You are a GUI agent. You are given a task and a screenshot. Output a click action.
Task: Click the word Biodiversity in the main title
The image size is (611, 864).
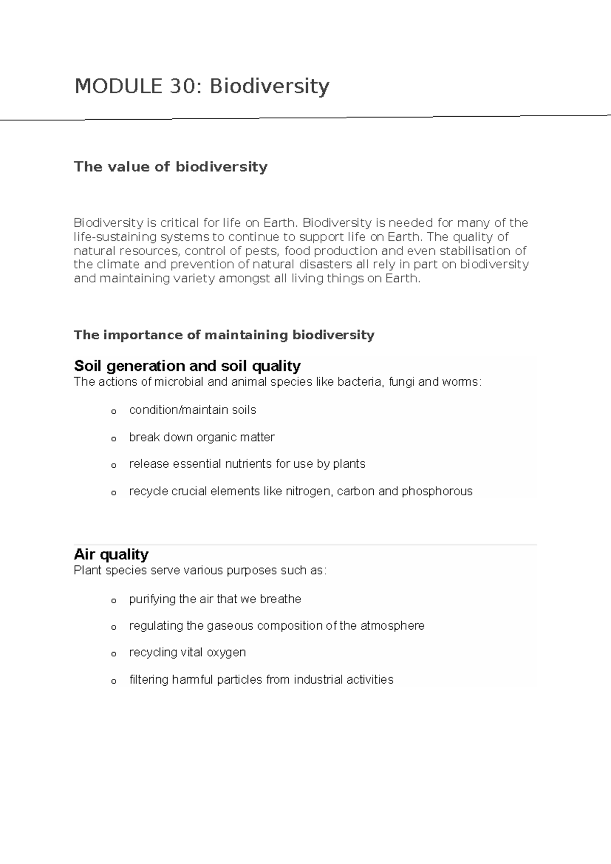[269, 86]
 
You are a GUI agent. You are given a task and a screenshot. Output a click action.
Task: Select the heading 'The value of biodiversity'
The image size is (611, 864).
[171, 167]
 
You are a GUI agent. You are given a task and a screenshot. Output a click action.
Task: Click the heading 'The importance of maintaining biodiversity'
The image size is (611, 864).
[224, 335]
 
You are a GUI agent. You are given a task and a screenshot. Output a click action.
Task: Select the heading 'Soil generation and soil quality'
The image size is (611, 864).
[187, 366]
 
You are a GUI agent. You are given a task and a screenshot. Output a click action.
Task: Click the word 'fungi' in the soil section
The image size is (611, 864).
[401, 382]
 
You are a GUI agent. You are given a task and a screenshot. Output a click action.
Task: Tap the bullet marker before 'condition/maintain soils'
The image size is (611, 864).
[114, 411]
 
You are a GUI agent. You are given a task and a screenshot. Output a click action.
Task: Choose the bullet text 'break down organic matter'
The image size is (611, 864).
[202, 437]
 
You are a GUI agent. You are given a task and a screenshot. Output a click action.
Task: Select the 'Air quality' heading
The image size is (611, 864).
[111, 554]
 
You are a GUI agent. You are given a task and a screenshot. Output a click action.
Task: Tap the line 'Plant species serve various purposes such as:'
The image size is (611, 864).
[200, 571]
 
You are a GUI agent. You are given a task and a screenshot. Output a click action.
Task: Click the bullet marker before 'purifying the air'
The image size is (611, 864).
[114, 601]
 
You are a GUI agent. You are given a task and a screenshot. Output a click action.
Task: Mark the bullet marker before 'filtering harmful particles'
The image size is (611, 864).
[114, 681]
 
